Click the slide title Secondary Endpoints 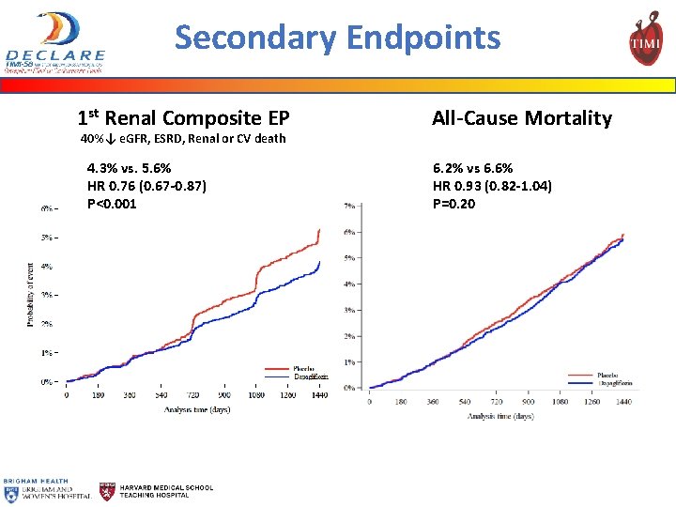pyautogui.click(x=337, y=38)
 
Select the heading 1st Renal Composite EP pyautogui.click(x=183, y=117)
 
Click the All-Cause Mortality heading pyautogui.click(x=521, y=117)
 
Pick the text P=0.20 pyautogui.click(x=453, y=203)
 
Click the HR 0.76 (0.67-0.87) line pyautogui.click(x=146, y=186)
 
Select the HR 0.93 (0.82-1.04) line pyautogui.click(x=492, y=186)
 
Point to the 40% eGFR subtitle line pyautogui.click(x=182, y=139)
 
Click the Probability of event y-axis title pyautogui.click(x=31, y=295)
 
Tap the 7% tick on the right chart pyautogui.click(x=349, y=206)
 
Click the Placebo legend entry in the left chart pyautogui.click(x=303, y=368)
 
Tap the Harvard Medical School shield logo pyautogui.click(x=108, y=491)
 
